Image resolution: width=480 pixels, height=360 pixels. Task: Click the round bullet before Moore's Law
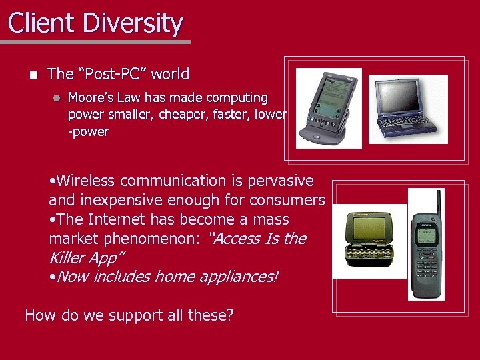point(57,98)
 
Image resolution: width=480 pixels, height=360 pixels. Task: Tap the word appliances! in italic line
point(235,276)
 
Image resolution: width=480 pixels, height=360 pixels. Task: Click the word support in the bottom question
point(119,315)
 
